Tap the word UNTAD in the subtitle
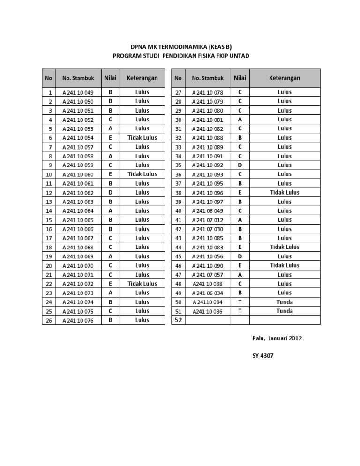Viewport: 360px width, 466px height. coord(240,56)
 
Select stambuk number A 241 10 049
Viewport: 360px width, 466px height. coord(78,93)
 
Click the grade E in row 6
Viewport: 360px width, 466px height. coord(111,138)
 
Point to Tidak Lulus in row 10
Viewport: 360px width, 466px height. coord(142,174)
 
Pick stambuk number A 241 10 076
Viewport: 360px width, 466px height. coord(78,321)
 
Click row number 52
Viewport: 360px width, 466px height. coord(178,320)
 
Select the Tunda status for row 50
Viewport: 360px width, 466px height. coord(285,302)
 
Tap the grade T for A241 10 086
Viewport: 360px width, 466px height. coord(240,311)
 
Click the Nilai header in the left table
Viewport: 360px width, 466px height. coord(111,77)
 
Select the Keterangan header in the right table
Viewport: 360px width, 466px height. coord(285,78)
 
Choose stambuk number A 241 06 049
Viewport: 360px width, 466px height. coord(208,211)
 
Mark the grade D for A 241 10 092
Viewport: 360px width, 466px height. coord(240,165)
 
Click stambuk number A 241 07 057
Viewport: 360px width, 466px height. coord(208,275)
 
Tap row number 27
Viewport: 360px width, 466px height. coord(178,93)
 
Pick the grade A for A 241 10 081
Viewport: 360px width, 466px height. coord(240,120)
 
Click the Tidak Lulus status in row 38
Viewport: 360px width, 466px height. coord(285,192)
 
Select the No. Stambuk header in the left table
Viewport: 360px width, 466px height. coord(78,78)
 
